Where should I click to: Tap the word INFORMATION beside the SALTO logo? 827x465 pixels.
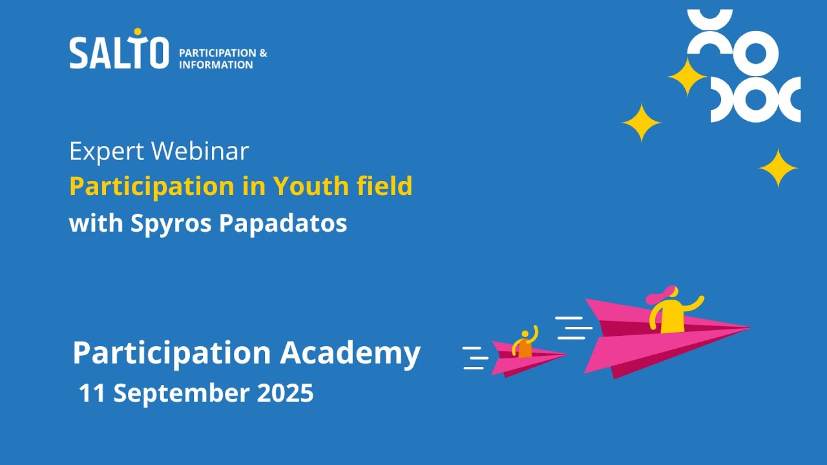[x=216, y=65]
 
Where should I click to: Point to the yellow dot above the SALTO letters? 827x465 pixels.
[x=137, y=32]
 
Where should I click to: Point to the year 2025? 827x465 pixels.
[x=285, y=393]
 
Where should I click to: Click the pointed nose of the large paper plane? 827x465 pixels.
[x=748, y=328]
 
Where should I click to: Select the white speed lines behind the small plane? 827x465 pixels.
[x=476, y=358]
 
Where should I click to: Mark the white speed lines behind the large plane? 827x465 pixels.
[x=573, y=327]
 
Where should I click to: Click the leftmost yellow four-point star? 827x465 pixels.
[x=641, y=123]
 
